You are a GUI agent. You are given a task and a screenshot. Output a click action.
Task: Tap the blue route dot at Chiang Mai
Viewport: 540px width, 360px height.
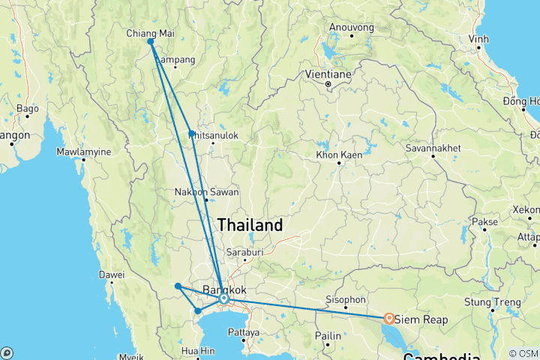151,42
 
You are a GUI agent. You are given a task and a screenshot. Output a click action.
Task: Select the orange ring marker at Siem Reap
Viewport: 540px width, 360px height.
389,318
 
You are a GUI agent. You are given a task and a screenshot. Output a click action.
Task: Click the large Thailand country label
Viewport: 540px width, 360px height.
250,225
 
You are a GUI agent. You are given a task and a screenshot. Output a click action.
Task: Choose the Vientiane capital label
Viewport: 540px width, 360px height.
328,74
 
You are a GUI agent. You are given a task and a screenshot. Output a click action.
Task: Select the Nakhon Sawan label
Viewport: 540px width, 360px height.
206,192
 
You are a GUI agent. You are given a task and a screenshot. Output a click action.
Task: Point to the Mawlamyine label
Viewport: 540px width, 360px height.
83,152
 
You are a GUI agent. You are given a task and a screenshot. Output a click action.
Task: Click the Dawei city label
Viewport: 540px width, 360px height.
112,275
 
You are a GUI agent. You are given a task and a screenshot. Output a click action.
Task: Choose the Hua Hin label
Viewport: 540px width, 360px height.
197,350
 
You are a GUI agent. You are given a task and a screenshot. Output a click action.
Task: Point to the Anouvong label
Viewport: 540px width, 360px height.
351,28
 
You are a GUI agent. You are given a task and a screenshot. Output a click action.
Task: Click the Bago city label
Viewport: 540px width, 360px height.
27,109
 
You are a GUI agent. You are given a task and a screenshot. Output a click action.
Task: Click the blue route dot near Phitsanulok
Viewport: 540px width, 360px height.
192,133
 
